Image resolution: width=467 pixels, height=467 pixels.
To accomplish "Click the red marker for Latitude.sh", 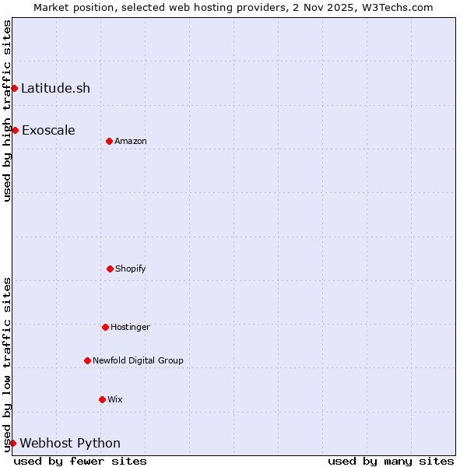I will [x=14, y=88].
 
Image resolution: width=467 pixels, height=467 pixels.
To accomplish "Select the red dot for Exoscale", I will [x=15, y=130].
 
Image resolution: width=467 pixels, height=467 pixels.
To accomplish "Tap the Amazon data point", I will [x=109, y=141].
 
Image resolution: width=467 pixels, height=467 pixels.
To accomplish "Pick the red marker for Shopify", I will [x=110, y=269].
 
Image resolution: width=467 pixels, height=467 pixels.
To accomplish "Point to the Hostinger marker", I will [x=105, y=327].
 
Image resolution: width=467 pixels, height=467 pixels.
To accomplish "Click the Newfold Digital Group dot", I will [x=87, y=360].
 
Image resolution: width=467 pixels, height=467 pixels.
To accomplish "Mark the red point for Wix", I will [x=102, y=399].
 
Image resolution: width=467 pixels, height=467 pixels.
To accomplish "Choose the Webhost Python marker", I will [x=12, y=443].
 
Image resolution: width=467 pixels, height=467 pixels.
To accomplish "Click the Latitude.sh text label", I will [x=55, y=88].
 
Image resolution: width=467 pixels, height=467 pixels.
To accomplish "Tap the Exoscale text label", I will [x=48, y=130].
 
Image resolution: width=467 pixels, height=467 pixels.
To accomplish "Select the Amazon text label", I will [x=131, y=141].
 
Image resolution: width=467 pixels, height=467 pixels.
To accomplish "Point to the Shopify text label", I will [x=131, y=269].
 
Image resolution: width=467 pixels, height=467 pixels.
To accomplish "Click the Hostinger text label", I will [x=130, y=327].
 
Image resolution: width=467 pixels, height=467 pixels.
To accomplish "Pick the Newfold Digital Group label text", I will [x=138, y=360].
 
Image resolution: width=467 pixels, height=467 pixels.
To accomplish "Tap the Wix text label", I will [x=115, y=399].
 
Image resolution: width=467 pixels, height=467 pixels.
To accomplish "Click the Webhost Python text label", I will [x=70, y=443].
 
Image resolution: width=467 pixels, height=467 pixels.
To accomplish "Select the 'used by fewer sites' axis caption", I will [x=80, y=461].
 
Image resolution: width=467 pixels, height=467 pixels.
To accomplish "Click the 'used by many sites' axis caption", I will [x=391, y=461].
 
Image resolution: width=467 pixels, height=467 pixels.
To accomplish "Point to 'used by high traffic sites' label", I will [x=7, y=111].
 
